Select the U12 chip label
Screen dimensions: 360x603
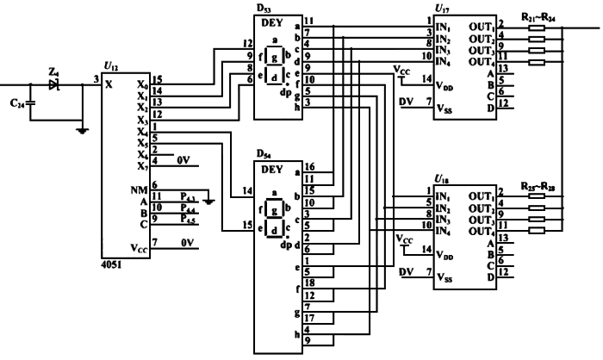tap(109, 66)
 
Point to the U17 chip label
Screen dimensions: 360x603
tap(441, 8)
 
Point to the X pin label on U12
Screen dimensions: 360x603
tap(109, 84)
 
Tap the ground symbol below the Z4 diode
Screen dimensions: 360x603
tap(82, 130)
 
